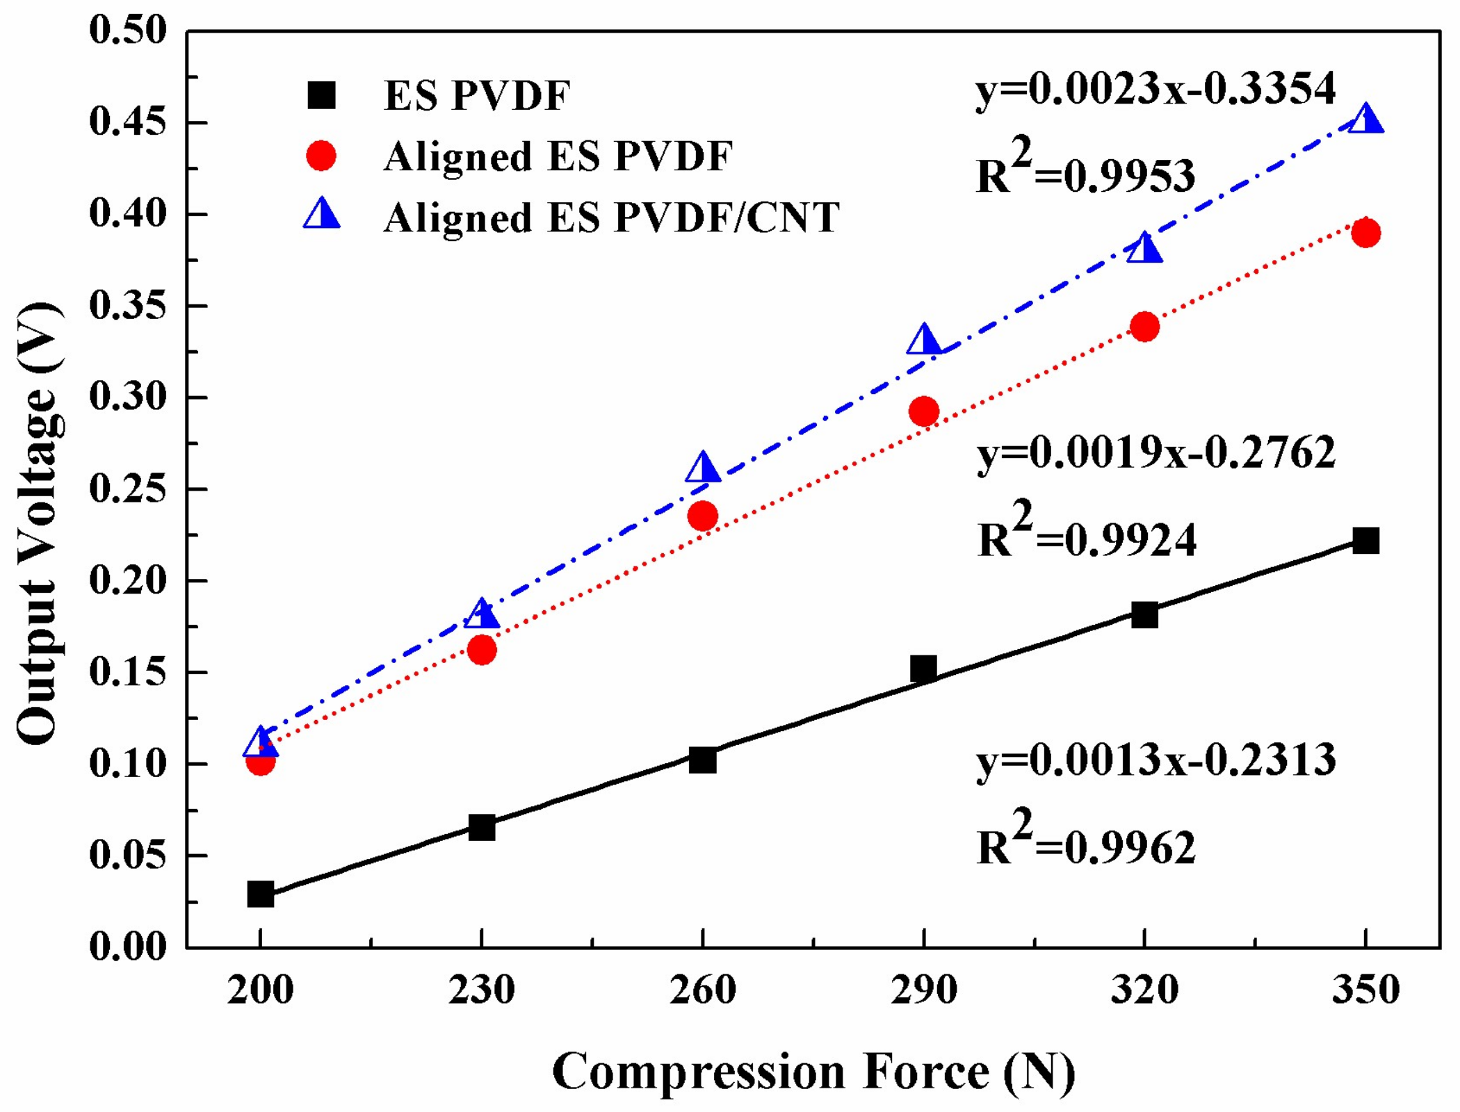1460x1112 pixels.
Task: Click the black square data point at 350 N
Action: tap(1365, 541)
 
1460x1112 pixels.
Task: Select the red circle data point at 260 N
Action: tap(702, 516)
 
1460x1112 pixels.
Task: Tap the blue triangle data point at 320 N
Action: tap(1144, 249)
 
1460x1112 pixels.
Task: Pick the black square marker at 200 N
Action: tap(260, 894)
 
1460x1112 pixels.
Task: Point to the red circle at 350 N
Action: tap(1365, 233)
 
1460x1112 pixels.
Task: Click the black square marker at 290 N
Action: tap(923, 669)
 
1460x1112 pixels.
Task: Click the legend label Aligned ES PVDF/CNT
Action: tap(612, 218)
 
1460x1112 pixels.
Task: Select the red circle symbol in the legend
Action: tap(321, 156)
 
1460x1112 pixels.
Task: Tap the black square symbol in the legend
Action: tap(321, 95)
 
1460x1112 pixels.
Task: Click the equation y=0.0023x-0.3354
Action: tap(1155, 90)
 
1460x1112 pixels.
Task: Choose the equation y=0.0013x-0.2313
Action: tap(1155, 760)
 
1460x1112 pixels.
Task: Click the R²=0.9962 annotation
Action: tap(1086, 842)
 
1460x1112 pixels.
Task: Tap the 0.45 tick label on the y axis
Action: tap(129, 123)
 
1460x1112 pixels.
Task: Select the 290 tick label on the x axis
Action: tap(923, 990)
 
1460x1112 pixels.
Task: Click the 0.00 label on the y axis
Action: tap(129, 947)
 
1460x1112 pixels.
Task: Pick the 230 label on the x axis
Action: tap(482, 990)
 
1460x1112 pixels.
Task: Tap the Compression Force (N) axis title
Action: tap(813, 1072)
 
